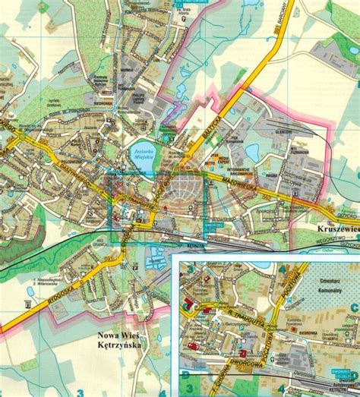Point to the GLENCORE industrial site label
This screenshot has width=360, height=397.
[284, 130]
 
